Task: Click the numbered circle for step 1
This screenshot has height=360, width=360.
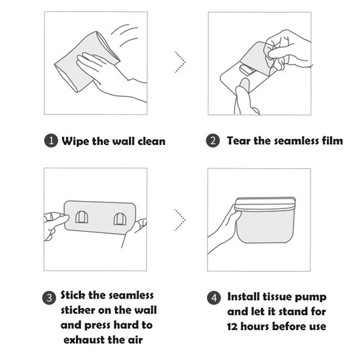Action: tap(51, 140)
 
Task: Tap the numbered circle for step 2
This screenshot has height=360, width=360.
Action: tap(213, 140)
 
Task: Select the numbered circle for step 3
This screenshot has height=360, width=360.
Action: tap(49, 298)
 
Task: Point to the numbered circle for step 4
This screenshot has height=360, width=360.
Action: tap(214, 298)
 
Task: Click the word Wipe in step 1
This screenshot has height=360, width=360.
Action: tap(75, 141)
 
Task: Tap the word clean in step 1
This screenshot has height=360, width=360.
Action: tap(152, 141)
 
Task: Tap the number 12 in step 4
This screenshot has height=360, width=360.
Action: tap(232, 327)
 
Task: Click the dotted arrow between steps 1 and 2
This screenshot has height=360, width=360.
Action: tap(180, 61)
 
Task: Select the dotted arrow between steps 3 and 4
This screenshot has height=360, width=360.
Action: tap(180, 220)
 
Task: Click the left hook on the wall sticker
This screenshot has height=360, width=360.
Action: tap(81, 217)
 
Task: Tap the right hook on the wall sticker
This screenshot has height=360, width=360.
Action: tap(120, 219)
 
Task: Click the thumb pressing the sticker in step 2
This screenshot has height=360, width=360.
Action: tap(243, 89)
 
